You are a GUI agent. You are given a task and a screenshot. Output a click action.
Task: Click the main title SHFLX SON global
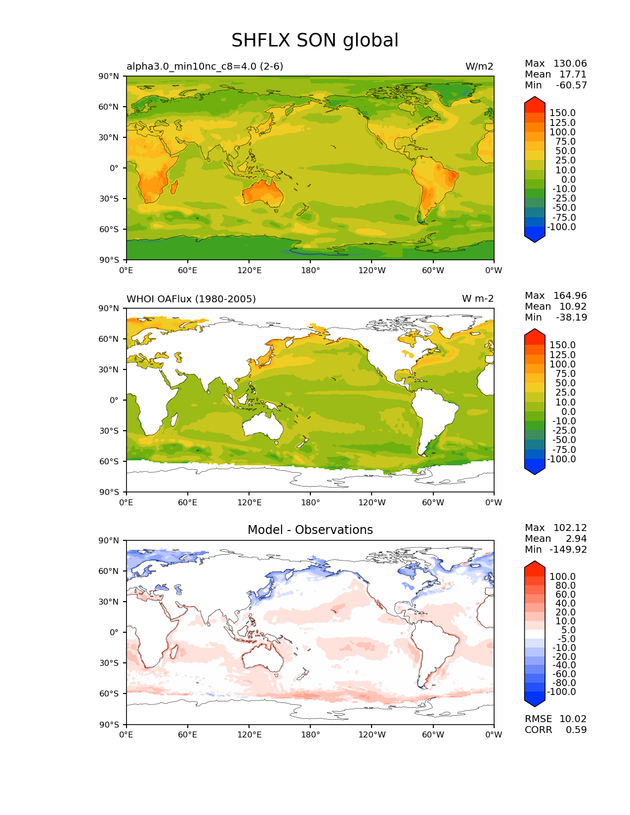click(315, 41)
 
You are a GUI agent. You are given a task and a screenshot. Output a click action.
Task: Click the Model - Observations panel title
click(310, 530)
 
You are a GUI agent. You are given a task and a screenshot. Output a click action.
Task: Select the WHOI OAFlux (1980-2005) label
click(191, 299)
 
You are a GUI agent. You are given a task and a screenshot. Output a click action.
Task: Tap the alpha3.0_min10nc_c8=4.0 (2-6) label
click(205, 67)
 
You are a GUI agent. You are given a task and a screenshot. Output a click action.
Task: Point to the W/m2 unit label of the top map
click(479, 67)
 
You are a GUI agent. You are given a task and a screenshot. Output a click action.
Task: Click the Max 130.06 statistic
click(555, 64)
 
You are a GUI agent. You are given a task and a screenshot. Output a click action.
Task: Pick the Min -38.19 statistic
click(555, 318)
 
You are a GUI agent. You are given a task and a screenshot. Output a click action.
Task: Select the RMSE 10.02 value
click(555, 719)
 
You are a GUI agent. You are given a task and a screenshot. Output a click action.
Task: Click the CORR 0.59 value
click(555, 730)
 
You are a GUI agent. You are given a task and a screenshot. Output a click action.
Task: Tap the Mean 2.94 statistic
click(555, 539)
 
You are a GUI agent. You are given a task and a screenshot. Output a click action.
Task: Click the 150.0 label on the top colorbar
click(562, 113)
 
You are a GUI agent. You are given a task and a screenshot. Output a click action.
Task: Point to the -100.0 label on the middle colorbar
click(561, 459)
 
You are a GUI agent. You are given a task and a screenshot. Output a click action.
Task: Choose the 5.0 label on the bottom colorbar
click(568, 630)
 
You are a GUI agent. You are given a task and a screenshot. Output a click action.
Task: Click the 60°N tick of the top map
click(111, 107)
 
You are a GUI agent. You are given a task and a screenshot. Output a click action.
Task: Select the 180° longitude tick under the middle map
click(310, 503)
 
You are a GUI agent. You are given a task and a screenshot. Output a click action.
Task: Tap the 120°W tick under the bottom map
click(372, 735)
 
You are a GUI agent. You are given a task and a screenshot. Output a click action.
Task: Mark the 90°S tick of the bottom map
click(111, 725)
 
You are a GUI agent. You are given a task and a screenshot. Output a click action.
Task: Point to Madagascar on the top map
click(174, 187)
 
